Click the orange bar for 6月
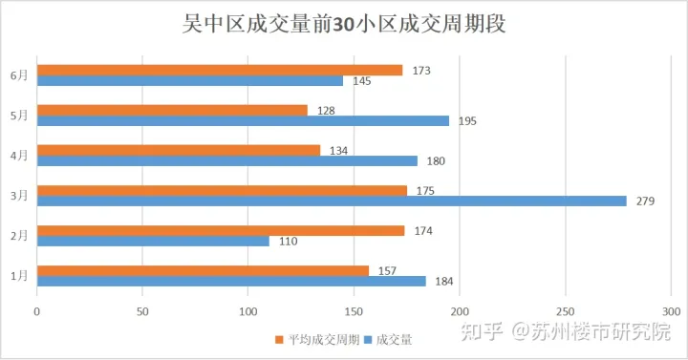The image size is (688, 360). (220, 70)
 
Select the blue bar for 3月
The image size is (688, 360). (332, 201)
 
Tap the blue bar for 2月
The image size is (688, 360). (153, 241)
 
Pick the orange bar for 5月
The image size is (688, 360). (172, 110)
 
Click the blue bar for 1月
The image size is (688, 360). (231, 281)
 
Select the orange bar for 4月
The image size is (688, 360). (179, 150)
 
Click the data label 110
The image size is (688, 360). (288, 242)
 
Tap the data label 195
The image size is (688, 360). (467, 121)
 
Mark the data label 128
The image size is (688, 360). (326, 111)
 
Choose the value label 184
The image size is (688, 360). (444, 282)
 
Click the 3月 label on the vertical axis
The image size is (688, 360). (19, 195)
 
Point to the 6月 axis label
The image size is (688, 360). (19, 75)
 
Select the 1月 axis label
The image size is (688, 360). (19, 275)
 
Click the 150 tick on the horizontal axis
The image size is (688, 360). (354, 311)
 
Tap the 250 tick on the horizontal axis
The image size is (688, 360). (566, 311)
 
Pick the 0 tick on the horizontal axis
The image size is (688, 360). (37, 311)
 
